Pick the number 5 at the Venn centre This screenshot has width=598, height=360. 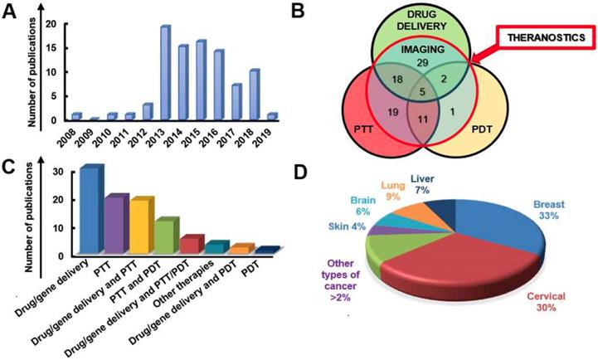pyautogui.click(x=421, y=92)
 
